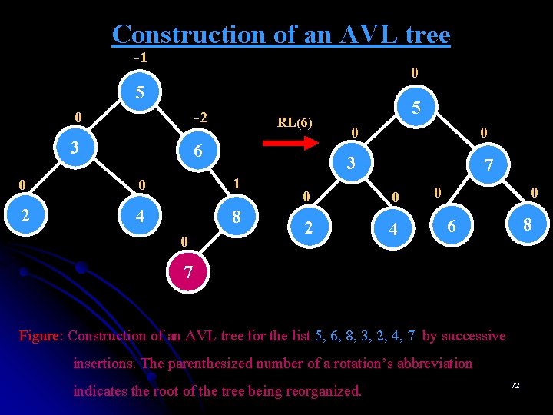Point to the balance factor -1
pos(140,58)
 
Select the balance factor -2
pos(200,118)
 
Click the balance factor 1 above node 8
pos(237,183)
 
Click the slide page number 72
pos(515,384)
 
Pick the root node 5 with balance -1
pos(140,93)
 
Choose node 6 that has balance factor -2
pos(197,151)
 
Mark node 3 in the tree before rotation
pos(75,146)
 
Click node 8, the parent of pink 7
pos(237,217)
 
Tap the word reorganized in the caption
pos(323,390)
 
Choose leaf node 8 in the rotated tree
pos(527,225)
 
